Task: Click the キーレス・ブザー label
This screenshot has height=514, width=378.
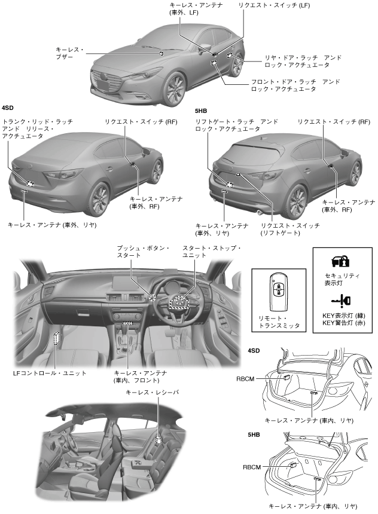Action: tap(71, 52)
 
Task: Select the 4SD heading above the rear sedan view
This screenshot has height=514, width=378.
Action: tap(8, 108)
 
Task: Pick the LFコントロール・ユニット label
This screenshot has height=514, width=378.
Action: tap(50, 373)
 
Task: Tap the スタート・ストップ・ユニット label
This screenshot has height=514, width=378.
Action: tap(203, 252)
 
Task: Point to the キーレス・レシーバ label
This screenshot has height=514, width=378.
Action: tap(152, 393)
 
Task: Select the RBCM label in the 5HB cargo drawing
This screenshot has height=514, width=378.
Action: tap(252, 467)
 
